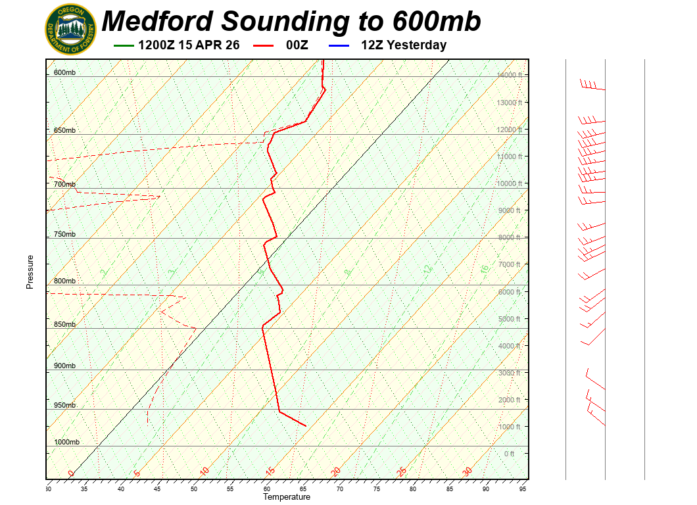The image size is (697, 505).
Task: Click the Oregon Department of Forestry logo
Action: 70,30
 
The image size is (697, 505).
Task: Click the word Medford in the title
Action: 158,21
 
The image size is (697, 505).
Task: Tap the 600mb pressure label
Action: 64,72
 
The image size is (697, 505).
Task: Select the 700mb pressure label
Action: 64,185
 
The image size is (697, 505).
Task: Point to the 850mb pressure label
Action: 64,325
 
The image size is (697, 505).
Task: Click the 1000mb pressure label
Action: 66,443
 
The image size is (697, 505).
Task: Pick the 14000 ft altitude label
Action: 509,76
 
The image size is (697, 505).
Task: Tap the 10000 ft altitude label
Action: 509,183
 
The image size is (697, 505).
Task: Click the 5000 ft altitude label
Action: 510,319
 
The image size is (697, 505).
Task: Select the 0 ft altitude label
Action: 510,454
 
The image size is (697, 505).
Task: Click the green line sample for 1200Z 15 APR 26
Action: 124,45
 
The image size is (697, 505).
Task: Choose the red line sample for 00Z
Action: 264,45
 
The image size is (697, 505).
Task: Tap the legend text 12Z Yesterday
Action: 404,45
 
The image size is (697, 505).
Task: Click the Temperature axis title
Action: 287,497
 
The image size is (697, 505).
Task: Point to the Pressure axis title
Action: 30,272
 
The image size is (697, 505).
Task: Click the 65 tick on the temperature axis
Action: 303,489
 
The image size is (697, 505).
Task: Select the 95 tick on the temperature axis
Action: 523,489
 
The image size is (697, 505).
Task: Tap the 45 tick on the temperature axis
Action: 157,489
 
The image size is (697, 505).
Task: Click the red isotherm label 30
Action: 468,471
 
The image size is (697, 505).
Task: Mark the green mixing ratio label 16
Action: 485,269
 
